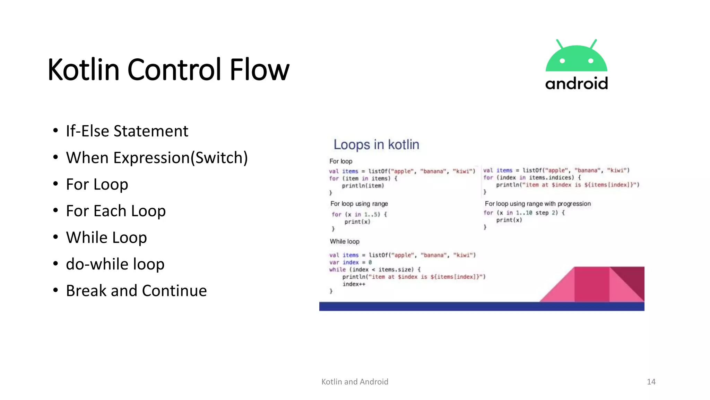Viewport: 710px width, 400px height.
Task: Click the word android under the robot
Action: point(577,84)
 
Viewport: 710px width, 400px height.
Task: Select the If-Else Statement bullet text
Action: point(127,131)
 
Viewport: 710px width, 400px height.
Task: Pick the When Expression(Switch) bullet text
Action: point(157,158)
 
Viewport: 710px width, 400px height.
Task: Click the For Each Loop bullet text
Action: point(116,211)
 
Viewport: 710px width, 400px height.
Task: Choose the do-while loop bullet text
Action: point(115,264)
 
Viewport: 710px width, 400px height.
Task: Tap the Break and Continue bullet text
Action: point(136,291)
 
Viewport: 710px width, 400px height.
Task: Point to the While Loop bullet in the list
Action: point(106,238)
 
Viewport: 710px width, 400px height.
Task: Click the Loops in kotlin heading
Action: point(376,144)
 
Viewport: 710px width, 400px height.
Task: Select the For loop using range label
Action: point(359,204)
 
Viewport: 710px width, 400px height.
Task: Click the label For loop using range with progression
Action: point(537,204)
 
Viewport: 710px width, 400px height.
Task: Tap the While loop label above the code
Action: point(345,241)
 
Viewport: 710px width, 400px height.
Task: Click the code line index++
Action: point(354,284)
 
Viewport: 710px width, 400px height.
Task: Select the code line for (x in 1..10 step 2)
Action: point(524,212)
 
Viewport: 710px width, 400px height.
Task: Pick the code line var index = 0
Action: point(350,262)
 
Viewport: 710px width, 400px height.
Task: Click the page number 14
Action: point(651,382)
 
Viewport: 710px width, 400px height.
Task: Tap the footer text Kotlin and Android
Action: point(355,382)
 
